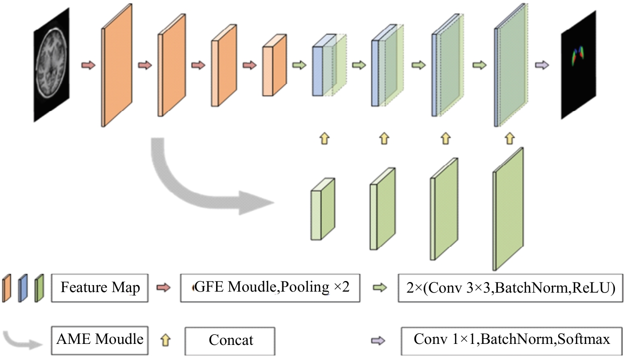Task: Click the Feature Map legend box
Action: (x=100, y=288)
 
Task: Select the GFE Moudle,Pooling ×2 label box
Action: (x=270, y=288)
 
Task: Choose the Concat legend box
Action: (x=230, y=340)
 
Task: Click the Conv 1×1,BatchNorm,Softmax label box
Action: (x=511, y=339)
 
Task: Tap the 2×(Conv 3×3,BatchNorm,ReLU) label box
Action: (x=511, y=288)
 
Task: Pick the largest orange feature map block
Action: (x=118, y=66)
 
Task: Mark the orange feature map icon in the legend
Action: (x=7, y=288)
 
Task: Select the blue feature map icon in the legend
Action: (x=23, y=288)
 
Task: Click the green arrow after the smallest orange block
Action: (x=299, y=65)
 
